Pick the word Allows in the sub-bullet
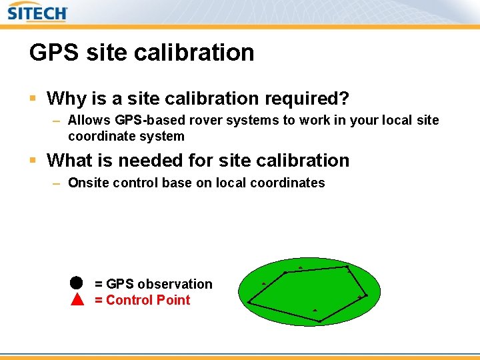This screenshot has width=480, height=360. click(x=89, y=121)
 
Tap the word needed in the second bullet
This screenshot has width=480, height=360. click(x=160, y=161)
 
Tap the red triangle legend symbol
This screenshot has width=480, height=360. click(x=77, y=299)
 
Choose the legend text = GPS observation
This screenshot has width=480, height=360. click(x=153, y=284)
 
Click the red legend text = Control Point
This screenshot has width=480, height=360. click(x=143, y=300)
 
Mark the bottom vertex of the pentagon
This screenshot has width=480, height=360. click(x=319, y=321)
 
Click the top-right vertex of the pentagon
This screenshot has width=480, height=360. click(x=347, y=267)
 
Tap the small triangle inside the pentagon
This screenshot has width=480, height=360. click(x=315, y=310)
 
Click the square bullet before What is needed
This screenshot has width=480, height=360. click(x=33, y=161)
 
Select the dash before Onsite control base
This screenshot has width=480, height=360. click(x=57, y=183)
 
